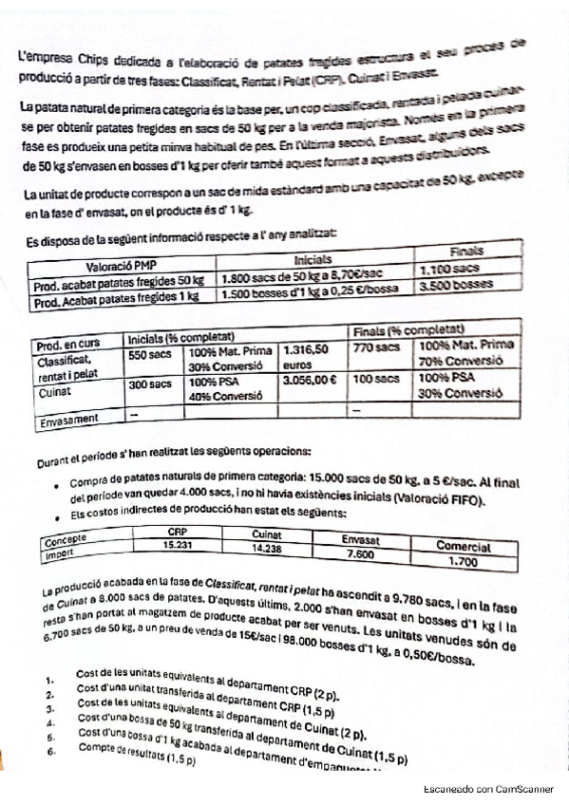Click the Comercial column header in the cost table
click(x=464, y=547)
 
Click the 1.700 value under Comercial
click(x=463, y=562)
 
